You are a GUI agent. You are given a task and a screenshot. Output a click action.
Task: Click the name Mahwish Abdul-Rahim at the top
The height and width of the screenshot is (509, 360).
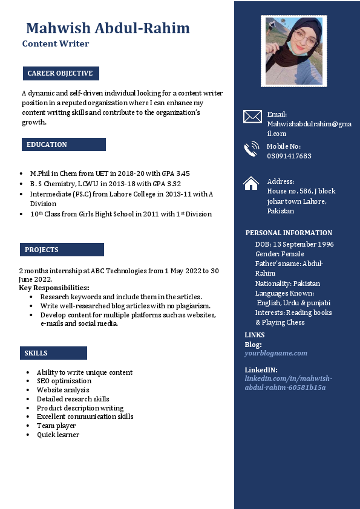[108, 28]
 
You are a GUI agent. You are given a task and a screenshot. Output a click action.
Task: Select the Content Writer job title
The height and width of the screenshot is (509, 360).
[56, 44]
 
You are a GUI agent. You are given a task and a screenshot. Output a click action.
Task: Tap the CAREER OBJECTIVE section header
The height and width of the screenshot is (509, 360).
[61, 74]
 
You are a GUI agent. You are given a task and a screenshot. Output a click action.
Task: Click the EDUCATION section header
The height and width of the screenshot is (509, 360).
[47, 145]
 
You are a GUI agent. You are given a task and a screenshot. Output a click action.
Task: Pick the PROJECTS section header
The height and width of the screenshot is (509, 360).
[42, 250]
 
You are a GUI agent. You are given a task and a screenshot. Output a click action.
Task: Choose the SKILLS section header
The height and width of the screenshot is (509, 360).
[36, 353]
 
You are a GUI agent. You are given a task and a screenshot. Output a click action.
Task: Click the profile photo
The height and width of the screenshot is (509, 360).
[293, 51]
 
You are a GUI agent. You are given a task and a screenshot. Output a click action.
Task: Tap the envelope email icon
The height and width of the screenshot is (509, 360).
[252, 117]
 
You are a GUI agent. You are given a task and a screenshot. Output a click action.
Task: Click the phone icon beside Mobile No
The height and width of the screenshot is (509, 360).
[251, 149]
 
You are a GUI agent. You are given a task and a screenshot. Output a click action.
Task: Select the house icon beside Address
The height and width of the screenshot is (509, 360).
[251, 183]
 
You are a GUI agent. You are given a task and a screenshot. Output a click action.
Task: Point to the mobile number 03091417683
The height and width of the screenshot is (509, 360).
[289, 156]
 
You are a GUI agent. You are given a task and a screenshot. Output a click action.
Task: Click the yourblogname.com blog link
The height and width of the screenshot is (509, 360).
[276, 353]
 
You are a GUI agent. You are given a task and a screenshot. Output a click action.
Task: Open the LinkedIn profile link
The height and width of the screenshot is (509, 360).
[288, 383]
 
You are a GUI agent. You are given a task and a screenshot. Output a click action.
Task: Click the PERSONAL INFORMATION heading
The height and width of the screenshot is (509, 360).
[289, 233]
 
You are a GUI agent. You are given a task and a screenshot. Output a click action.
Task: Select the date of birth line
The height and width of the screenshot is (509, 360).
[294, 244]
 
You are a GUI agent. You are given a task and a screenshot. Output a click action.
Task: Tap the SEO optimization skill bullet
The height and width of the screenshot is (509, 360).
[64, 381]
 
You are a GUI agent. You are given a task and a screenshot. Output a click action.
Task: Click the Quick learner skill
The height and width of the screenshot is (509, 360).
[57, 435]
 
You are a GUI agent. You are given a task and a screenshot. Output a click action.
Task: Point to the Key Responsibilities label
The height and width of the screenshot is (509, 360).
[54, 288]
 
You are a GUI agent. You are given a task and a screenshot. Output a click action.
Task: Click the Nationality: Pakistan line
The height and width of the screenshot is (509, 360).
[287, 284]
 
